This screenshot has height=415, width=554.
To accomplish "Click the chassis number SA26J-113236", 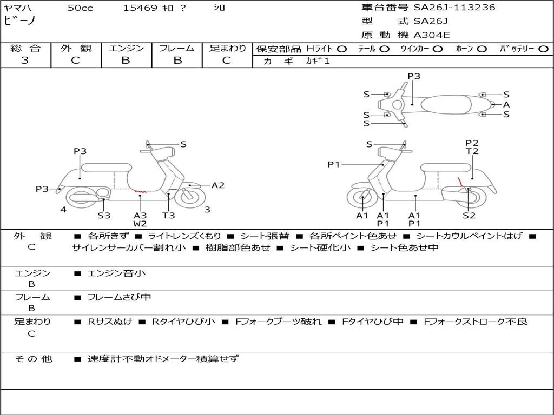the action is tap(454, 8).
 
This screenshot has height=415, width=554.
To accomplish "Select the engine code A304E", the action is tap(432, 35).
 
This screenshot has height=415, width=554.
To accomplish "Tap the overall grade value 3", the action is tap(25, 61).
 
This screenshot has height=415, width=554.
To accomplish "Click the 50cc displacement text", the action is tap(80, 8).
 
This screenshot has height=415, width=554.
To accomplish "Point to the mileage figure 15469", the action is tap(140, 8).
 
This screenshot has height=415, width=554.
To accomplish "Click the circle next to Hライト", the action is tap(342, 49).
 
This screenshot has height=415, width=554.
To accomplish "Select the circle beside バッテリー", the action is tap(543, 49).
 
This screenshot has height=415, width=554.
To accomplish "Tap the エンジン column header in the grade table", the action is tap(126, 48).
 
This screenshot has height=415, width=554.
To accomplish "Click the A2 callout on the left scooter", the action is tap(218, 185).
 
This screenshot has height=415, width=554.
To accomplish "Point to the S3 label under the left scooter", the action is tap(104, 215).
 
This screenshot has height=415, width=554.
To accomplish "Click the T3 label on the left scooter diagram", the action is tap(169, 215).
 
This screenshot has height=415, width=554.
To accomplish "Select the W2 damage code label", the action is tap(140, 224).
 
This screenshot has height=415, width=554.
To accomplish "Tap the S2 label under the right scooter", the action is tap(469, 215).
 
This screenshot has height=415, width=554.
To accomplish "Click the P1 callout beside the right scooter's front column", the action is tap(333, 164).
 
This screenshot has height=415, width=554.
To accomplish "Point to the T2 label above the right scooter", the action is tap(472, 151).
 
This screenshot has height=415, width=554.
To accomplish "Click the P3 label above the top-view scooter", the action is tap(414, 76).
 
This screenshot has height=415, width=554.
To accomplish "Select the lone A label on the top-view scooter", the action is tap(506, 104).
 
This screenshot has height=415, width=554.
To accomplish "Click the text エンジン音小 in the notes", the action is tap(116, 273).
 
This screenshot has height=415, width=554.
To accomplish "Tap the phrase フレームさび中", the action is tap(119, 298).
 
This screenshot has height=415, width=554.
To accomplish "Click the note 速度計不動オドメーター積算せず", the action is tap(163, 359).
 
